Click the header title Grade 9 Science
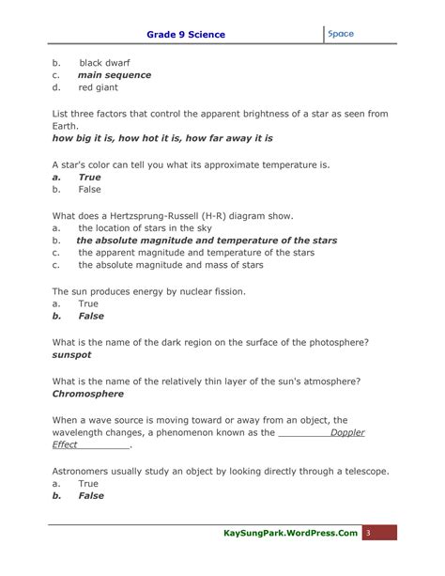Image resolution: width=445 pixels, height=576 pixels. click(186, 35)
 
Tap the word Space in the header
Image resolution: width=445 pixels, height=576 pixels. click(341, 34)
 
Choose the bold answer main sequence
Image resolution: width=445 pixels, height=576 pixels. click(114, 75)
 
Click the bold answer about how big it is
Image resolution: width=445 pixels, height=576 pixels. click(161, 137)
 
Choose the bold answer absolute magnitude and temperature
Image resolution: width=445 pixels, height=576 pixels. click(207, 241)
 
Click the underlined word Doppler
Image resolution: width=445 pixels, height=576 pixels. click(345, 433)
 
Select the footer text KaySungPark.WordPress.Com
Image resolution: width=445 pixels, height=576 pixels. click(291, 533)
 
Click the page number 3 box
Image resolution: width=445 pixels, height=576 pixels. click(369, 533)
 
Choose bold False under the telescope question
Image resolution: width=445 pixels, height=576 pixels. click(91, 496)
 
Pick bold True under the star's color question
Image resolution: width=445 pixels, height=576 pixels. click(89, 176)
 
